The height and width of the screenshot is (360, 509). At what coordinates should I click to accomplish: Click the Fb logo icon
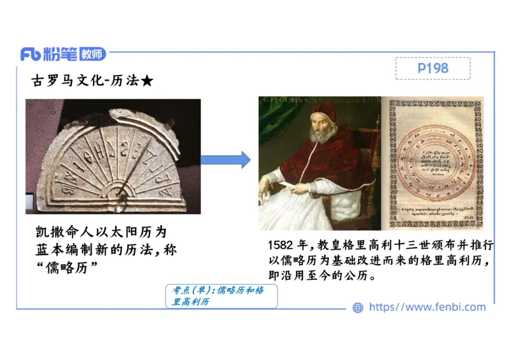click(31, 55)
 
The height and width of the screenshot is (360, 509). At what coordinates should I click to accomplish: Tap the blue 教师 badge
click(93, 55)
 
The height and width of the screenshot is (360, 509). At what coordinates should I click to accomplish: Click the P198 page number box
click(433, 68)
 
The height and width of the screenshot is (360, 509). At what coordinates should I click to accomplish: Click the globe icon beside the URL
click(358, 307)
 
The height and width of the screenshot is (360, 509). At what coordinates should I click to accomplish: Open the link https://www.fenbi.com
click(427, 307)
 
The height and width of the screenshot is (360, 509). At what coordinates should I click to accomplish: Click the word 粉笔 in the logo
click(60, 55)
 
